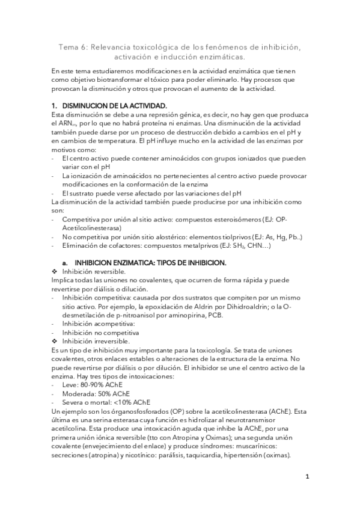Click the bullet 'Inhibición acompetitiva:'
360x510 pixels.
98,324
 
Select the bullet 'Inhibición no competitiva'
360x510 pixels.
100,332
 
